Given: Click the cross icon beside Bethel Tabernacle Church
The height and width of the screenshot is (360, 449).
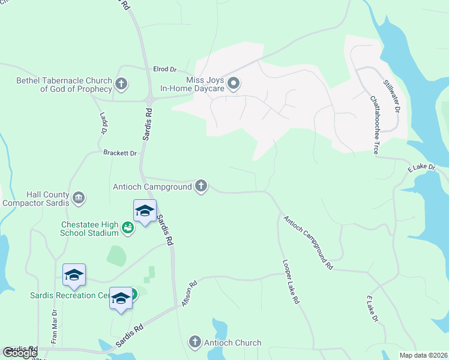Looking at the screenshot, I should (121, 84).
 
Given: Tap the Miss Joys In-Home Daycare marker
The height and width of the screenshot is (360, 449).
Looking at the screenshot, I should (234, 84).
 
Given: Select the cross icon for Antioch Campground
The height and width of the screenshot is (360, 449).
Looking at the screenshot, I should (201, 187).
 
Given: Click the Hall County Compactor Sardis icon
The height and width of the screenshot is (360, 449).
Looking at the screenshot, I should (78, 198).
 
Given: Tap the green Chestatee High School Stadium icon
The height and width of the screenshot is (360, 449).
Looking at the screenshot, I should (127, 227).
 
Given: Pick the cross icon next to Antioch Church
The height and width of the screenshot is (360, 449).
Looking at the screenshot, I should (194, 343).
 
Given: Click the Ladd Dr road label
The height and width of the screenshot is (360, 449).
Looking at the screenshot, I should (101, 122).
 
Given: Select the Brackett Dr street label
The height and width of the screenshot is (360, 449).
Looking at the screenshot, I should (120, 154).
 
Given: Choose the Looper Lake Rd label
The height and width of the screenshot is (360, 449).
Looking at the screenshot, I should (291, 282).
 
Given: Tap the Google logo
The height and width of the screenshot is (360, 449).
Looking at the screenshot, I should (20, 353).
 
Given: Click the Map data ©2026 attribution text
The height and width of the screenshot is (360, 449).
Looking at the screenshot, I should (423, 355).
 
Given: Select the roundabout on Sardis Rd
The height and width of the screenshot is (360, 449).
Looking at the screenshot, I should (148, 100).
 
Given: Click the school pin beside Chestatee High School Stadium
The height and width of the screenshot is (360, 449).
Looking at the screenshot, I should (145, 212).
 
